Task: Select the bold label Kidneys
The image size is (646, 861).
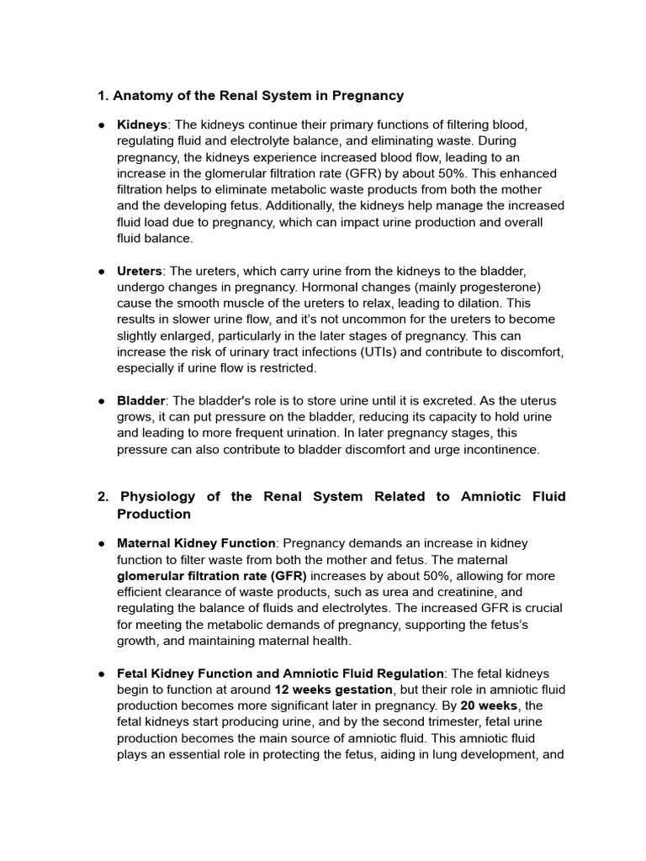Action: click(x=141, y=124)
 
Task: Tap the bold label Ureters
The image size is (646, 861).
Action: click(x=139, y=271)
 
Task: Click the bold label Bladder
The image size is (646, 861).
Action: click(x=140, y=401)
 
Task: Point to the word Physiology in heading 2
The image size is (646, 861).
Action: click(x=159, y=497)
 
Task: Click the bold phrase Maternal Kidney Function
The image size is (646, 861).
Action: click(x=196, y=543)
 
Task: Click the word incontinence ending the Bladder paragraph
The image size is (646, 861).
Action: click(x=495, y=450)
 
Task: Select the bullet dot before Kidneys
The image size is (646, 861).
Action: click(x=102, y=124)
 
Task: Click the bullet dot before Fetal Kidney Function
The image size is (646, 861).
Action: click(x=102, y=673)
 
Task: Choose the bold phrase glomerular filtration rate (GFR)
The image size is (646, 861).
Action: click(x=212, y=576)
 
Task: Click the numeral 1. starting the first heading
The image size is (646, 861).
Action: click(x=103, y=95)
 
